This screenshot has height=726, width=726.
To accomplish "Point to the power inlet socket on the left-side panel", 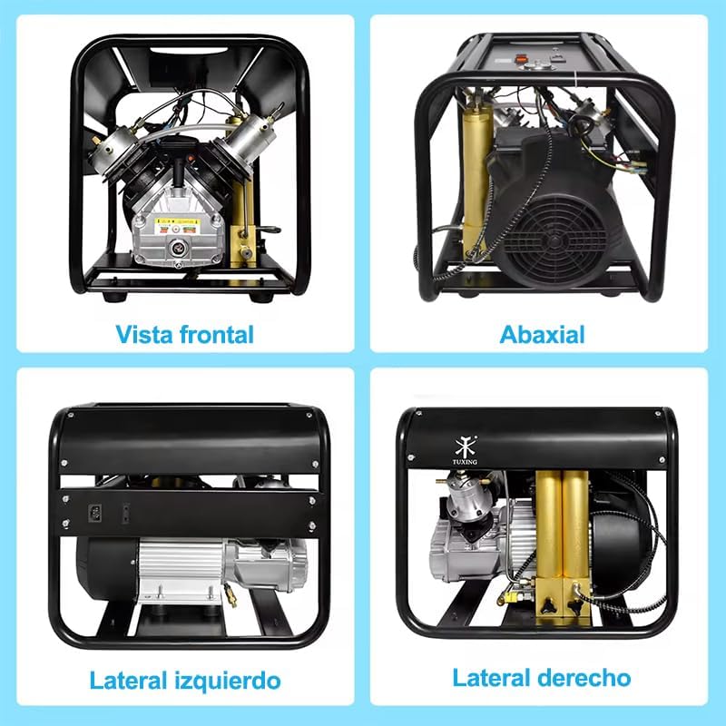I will point(92,514).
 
